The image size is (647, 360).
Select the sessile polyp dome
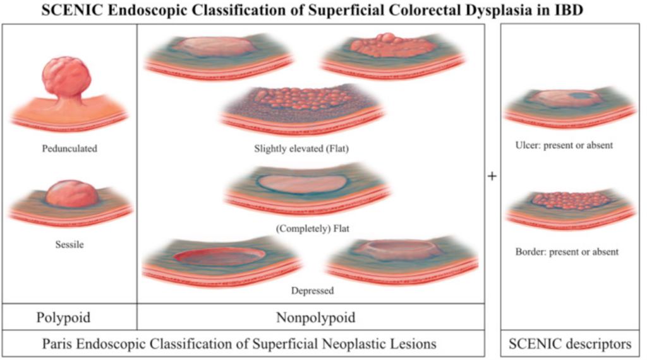pyautogui.click(x=72, y=193)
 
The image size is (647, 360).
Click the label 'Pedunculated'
pyautogui.click(x=70, y=148)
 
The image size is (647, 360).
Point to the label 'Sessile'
pyautogui.click(x=70, y=244)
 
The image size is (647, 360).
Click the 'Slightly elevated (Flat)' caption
pyautogui.click(x=301, y=148)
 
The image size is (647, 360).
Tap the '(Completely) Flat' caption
pyautogui.click(x=312, y=229)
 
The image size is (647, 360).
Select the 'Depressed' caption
pyautogui.click(x=312, y=291)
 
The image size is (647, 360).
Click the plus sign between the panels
pyautogui.click(x=492, y=176)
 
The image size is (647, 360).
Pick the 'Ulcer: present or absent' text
pyautogui.click(x=564, y=145)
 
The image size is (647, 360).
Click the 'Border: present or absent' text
pyautogui.click(x=567, y=252)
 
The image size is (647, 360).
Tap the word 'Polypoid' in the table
pyautogui.click(x=63, y=318)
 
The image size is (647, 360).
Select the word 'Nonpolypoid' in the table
pyautogui.click(x=316, y=318)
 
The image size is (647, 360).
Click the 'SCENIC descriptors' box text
pyautogui.click(x=571, y=344)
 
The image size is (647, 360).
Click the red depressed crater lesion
pyautogui.click(x=219, y=256)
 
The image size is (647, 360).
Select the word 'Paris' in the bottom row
pyautogui.click(x=57, y=344)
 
